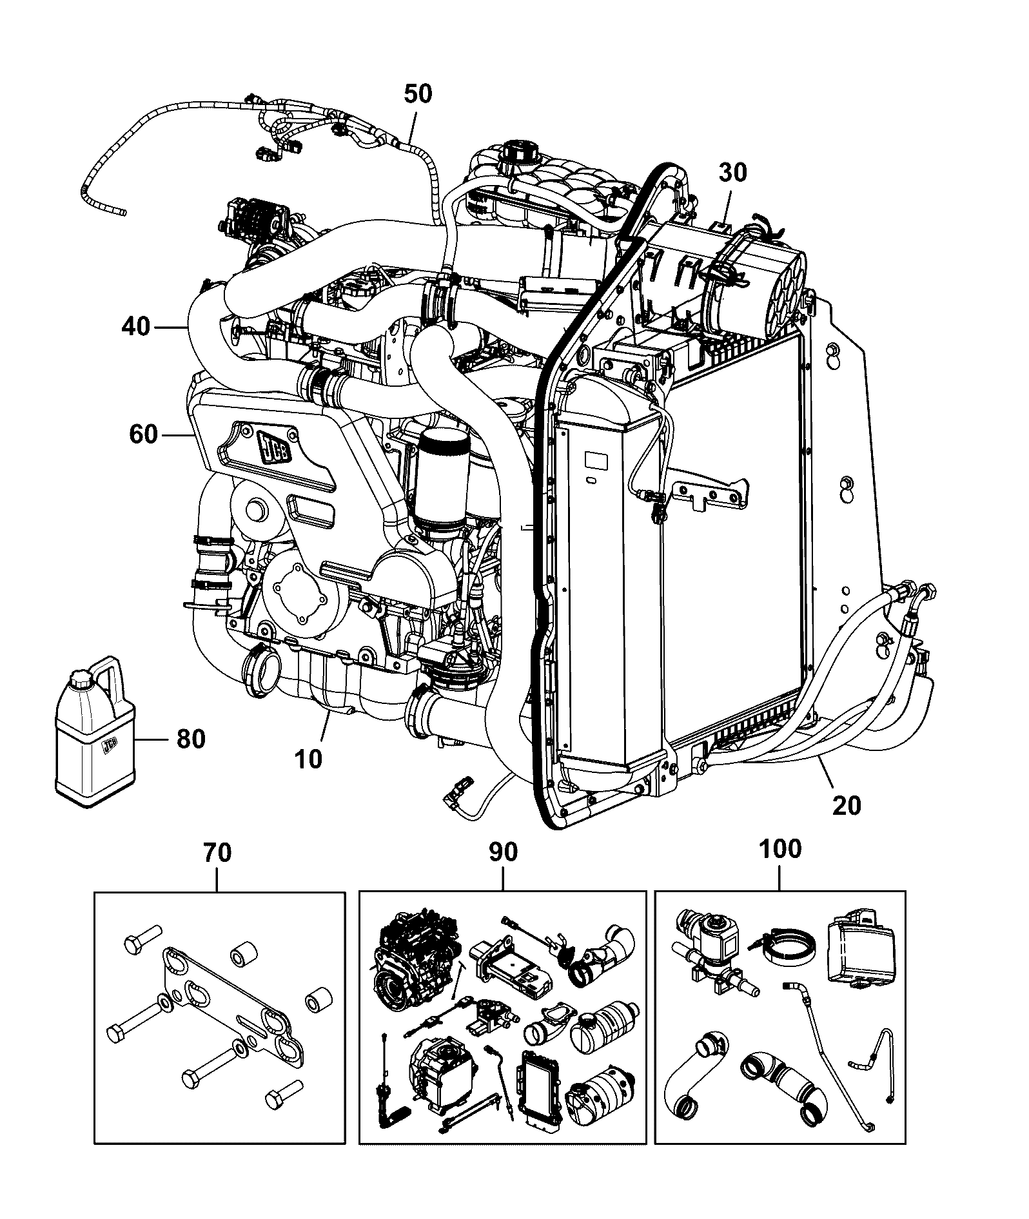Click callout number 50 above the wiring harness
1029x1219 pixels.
pos(418,94)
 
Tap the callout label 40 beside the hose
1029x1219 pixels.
pos(135,327)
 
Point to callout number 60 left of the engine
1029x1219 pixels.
pos(143,434)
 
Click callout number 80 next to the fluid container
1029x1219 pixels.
pos(191,739)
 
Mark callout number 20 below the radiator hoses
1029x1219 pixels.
pos(847,805)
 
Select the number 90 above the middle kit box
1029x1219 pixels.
pos(503,852)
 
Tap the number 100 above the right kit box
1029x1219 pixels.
pos(780,849)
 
